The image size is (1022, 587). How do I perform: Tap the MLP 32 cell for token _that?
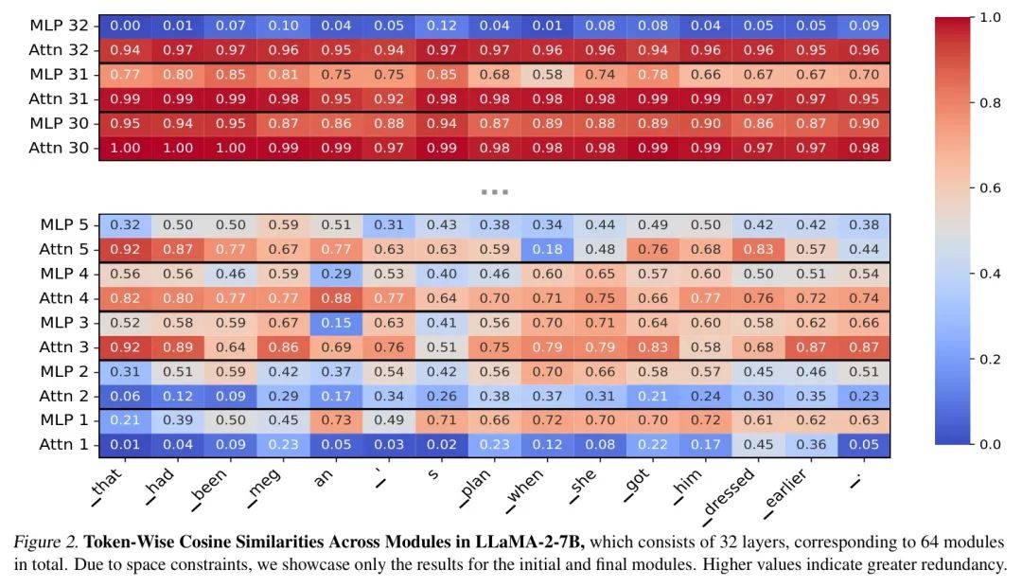pyautogui.click(x=126, y=26)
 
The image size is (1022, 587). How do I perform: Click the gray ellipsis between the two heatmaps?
pyautogui.click(x=495, y=191)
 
